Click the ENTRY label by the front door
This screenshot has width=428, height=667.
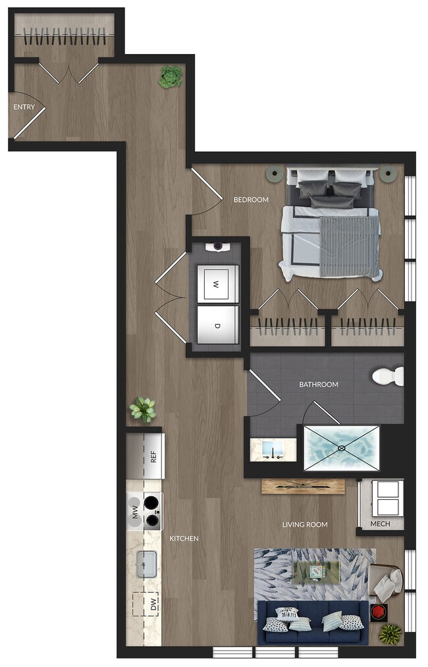pos(24,107)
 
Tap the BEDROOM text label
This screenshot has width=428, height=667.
pos(251,200)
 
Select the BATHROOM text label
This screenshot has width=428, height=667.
pos(319,385)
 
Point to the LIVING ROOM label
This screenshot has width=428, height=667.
pos(305,525)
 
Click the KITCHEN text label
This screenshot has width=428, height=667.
pos(184,539)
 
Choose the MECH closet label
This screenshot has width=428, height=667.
pos(380,524)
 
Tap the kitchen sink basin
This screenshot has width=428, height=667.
pos(146,565)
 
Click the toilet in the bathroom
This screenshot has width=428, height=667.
pos(388,377)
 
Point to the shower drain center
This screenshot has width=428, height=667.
pos(341,448)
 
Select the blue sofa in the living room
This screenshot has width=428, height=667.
pos(312,623)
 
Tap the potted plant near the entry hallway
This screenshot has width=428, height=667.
pos(170,77)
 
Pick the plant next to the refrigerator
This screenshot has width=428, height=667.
pos(143,410)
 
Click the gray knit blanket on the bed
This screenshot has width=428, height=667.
pos(350,246)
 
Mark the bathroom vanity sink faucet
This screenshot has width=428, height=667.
pos(271,450)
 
